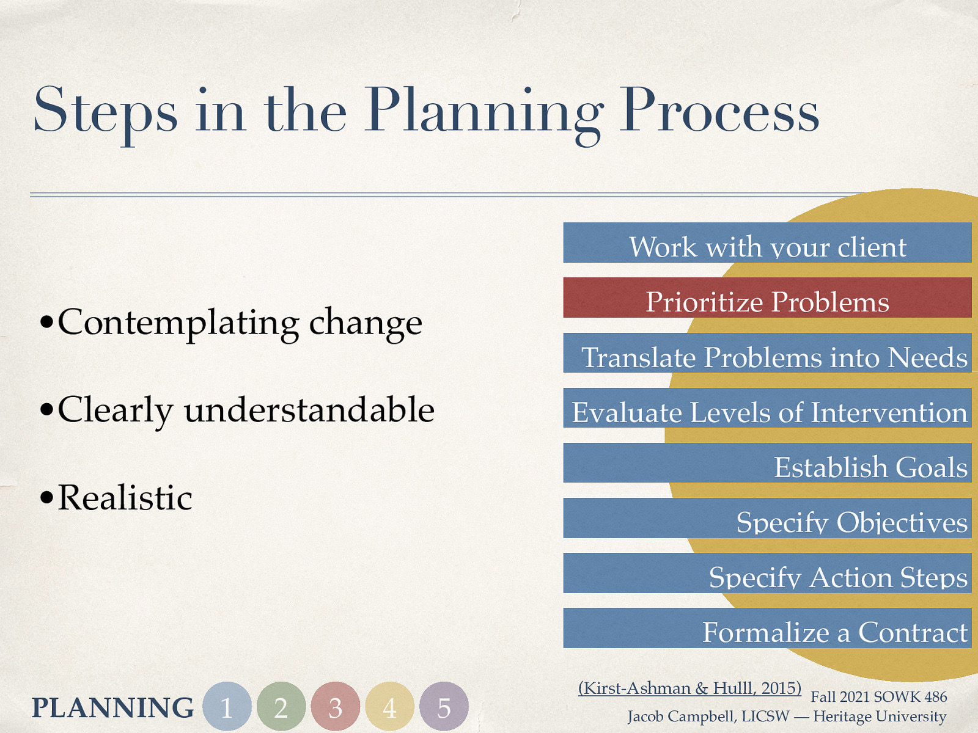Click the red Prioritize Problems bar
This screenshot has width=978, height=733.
pos(767,297)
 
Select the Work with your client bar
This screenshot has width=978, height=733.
pos(767,243)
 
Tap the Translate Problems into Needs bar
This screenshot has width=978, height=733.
pos(767,353)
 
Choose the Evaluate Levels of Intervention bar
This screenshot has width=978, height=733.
pos(767,408)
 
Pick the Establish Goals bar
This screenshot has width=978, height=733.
pos(767,463)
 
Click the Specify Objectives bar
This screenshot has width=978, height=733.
pos(767,518)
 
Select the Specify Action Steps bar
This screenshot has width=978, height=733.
pos(767,573)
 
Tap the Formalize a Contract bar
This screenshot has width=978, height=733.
pos(767,628)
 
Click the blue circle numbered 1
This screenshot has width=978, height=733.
pos(227,707)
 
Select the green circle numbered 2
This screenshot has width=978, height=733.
pos(281,707)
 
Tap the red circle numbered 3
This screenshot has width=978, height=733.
pos(335,707)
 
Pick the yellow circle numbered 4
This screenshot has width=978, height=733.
pos(389,707)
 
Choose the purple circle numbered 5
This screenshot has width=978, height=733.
pos(444,707)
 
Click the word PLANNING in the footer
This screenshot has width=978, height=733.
pos(112,707)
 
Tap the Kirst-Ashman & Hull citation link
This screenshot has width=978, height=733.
pos(689,688)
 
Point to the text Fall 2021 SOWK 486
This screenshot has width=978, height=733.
pos(878,696)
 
